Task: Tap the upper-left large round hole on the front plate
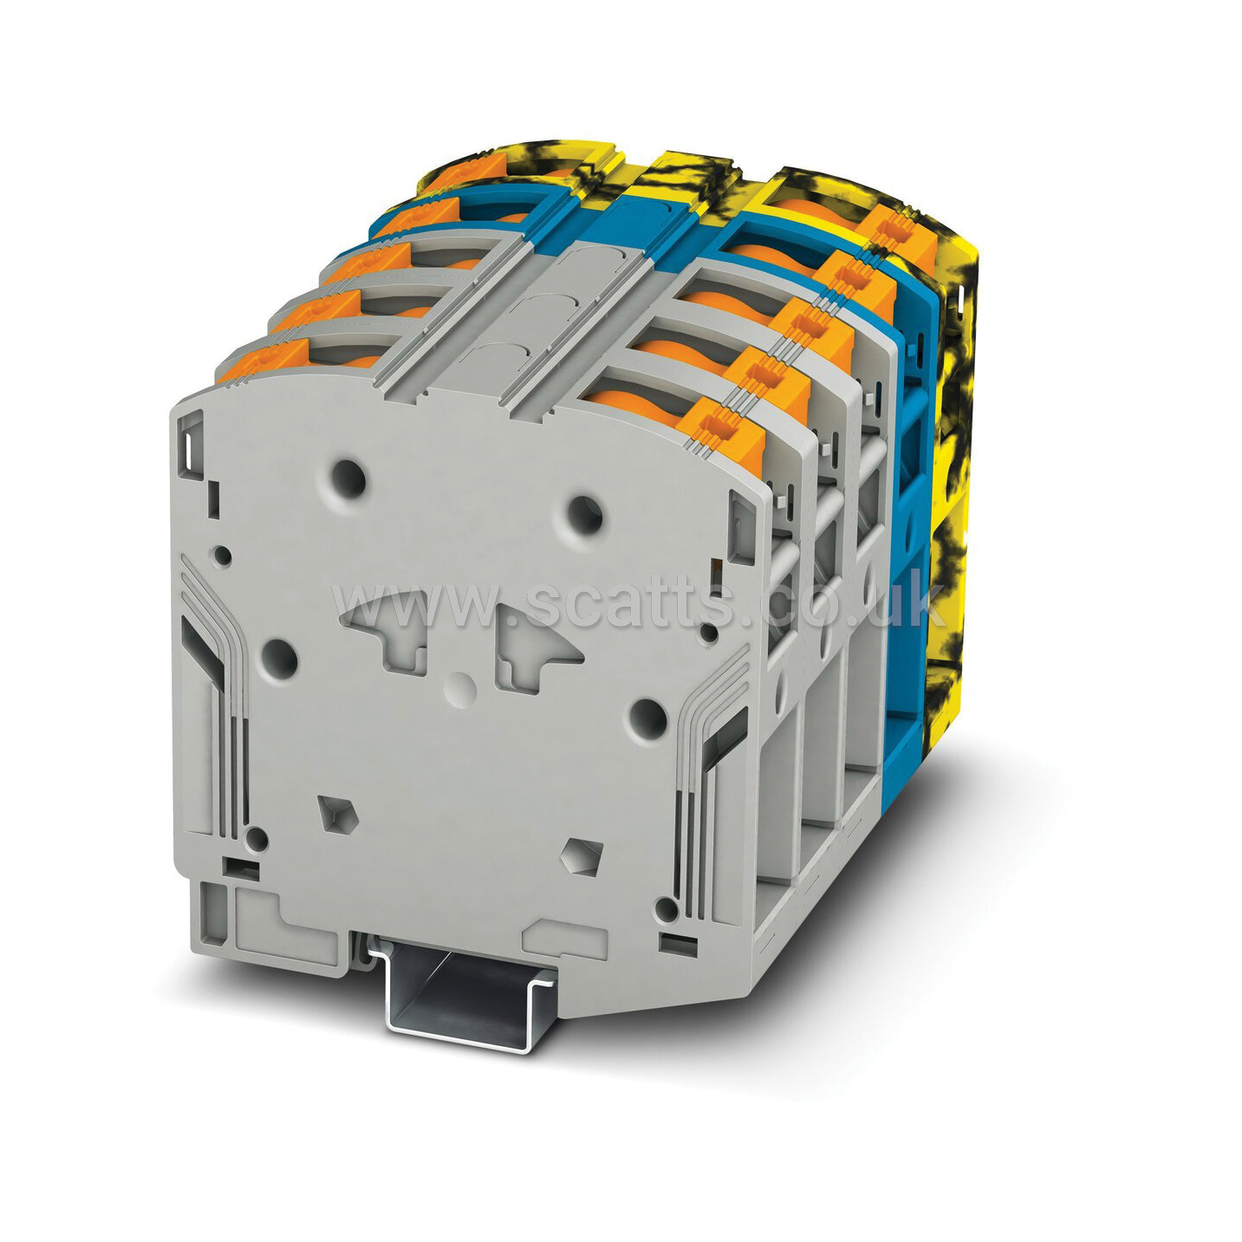(348, 478)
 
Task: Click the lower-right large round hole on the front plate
(647, 718)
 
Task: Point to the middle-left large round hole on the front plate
(279, 659)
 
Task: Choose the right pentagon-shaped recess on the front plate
(582, 856)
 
